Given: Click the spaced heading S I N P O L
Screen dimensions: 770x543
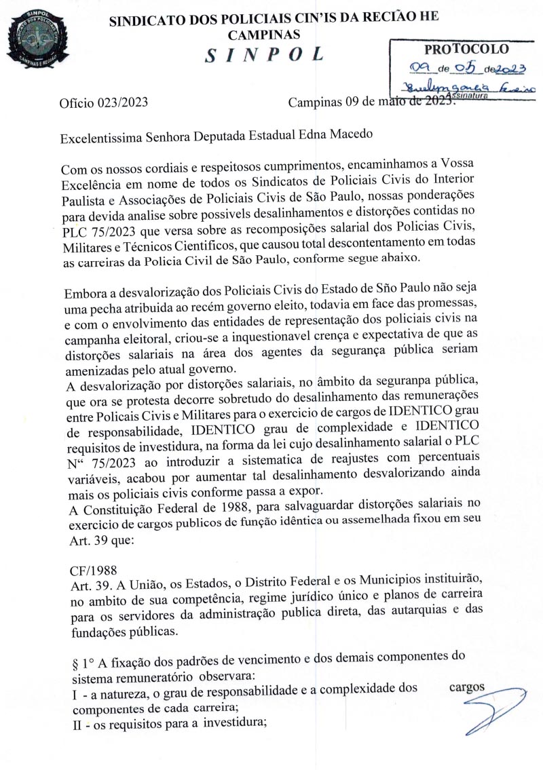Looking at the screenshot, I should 264,55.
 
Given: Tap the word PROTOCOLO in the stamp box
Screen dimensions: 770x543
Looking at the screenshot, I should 466,50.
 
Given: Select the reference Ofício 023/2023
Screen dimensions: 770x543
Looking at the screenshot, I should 103,104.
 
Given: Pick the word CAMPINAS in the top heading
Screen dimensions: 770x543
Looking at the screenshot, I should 264,34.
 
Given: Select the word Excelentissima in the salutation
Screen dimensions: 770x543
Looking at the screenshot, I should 100,134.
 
